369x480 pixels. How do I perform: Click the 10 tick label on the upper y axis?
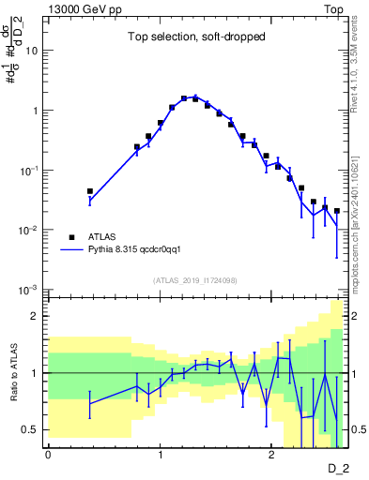coord(34,51)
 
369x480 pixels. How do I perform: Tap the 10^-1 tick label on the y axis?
coord(31,170)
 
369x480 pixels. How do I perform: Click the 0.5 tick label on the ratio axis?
coord(32,429)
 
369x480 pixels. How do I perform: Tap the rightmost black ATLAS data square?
coord(337,211)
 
